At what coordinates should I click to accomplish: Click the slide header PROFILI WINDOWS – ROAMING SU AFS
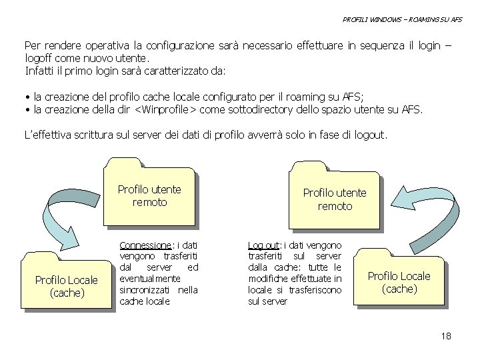tap(402, 20)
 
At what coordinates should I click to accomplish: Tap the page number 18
tap(446, 335)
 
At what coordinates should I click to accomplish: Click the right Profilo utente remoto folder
tap(335, 199)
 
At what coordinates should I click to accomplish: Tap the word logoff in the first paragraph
tap(39, 58)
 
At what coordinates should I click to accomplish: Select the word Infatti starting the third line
tap(40, 70)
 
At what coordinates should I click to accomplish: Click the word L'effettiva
tap(49, 135)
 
